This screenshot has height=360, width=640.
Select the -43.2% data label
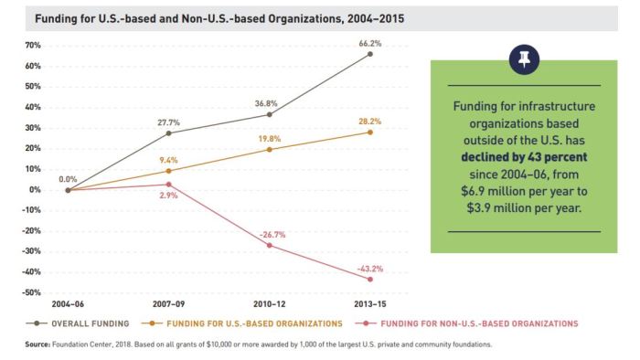pos(370,269)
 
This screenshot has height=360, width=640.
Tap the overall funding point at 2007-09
pos(169,133)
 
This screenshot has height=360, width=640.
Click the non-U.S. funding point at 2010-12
pos(270,245)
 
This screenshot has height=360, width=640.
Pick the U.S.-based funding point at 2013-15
pos(370,132)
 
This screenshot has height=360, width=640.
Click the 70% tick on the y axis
pos(33,46)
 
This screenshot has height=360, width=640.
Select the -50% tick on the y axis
pos(31,292)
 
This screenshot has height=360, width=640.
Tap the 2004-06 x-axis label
pos(69,303)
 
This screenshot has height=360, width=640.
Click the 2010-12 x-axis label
pos(270,303)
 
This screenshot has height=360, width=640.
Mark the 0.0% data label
pos(68,179)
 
